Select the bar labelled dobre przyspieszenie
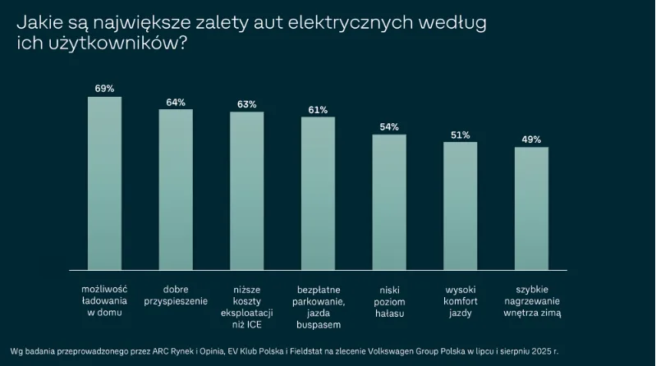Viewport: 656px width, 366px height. pos(176,190)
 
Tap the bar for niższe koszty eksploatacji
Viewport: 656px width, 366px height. pos(246,190)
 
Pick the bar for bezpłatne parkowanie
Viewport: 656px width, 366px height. pos(318,193)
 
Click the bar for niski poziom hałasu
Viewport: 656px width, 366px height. pos(389,202)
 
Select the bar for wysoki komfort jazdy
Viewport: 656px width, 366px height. pos(460,206)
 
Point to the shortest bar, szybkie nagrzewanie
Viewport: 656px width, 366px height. pos(531,208)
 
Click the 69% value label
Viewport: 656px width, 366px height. pos(104,88)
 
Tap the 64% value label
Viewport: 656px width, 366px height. pos(176,102)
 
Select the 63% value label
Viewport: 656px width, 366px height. pos(246,104)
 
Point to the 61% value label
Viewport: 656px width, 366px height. pos(318,109)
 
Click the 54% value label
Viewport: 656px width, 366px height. pos(389,126)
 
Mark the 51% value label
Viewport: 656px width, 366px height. pos(460,135)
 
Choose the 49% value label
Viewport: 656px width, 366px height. pos(531,140)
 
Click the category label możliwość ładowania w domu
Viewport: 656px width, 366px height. pos(104,301)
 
